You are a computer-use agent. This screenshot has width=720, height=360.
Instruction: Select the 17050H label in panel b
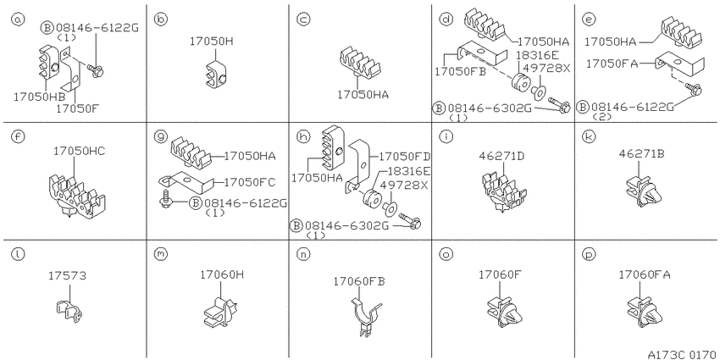click(212, 42)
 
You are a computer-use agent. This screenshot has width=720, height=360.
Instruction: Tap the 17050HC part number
click(79, 151)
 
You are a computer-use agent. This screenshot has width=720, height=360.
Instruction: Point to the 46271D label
click(502, 156)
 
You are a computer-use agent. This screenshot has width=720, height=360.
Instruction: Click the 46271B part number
click(642, 153)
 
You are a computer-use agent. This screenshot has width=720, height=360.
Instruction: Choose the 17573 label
click(67, 275)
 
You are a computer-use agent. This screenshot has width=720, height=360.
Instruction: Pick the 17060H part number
click(222, 274)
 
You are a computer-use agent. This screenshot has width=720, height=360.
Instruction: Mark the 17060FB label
click(359, 280)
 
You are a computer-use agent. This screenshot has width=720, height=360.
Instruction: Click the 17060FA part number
click(645, 274)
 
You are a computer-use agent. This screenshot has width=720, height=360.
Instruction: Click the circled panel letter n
click(302, 254)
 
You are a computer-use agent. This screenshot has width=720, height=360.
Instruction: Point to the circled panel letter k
click(587, 136)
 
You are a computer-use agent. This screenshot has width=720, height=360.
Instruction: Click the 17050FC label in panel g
click(249, 182)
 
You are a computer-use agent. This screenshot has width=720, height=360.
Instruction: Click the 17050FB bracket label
click(461, 72)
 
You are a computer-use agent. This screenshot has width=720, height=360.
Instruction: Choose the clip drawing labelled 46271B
click(643, 191)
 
